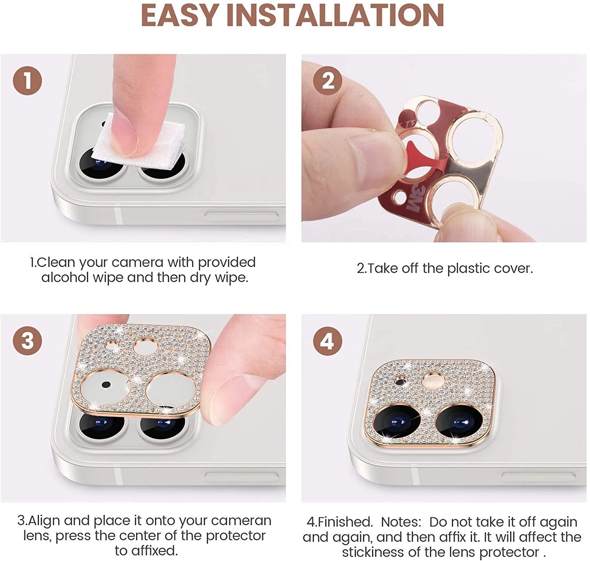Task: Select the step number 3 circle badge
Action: (x=27, y=340)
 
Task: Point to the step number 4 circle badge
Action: (x=328, y=340)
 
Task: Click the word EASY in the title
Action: (x=179, y=16)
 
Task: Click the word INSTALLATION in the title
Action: (x=335, y=16)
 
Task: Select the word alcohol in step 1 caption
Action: (x=65, y=278)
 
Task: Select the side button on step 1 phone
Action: (x=241, y=216)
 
